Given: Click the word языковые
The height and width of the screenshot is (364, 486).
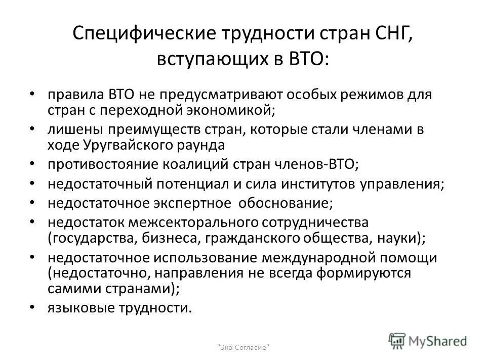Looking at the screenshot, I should tap(81, 308).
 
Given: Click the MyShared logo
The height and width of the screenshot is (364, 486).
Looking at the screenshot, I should tap(428, 341).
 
